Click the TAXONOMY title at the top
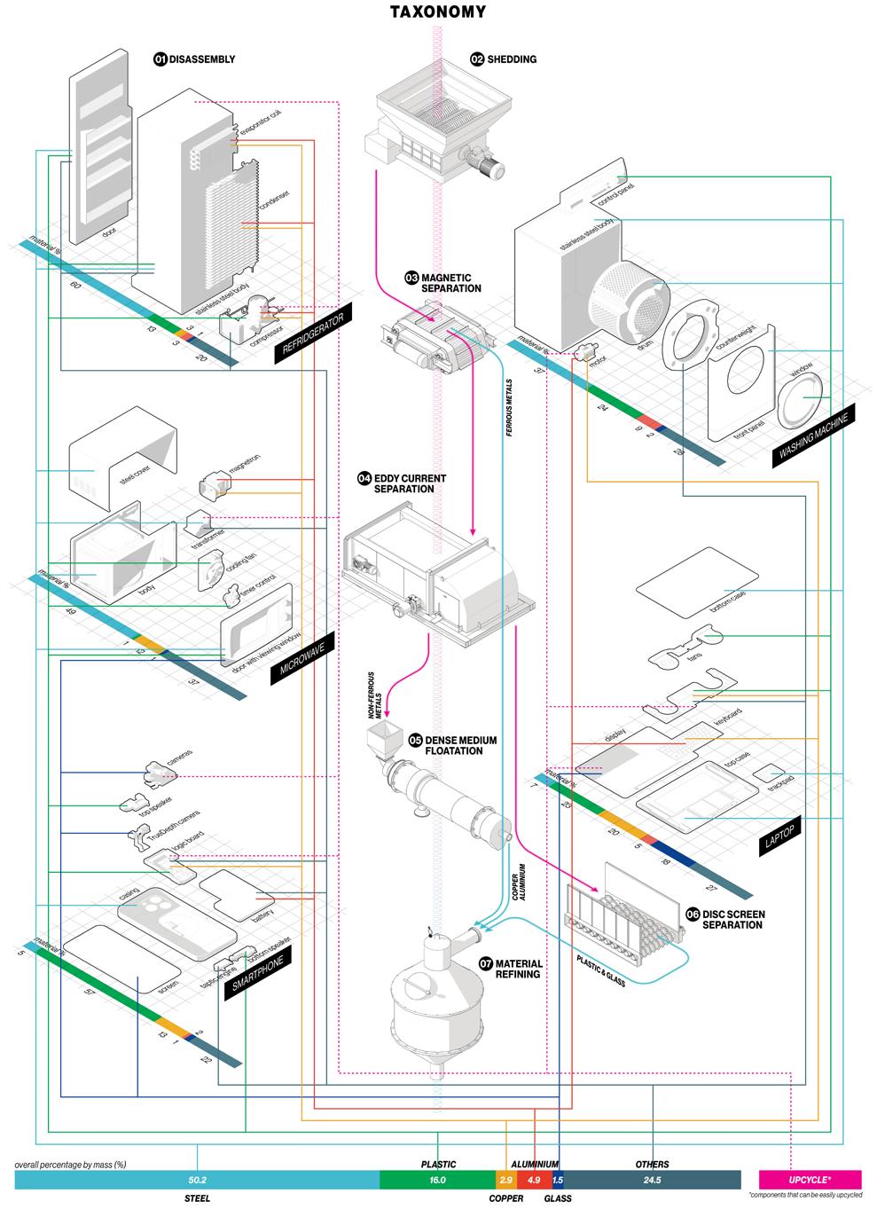click(438, 12)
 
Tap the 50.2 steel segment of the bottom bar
click(197, 1180)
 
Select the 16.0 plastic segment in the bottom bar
click(437, 1180)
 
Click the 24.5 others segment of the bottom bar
click(652, 1180)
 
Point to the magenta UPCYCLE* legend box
click(810, 1180)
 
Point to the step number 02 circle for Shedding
click(477, 59)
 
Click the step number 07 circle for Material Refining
click(485, 963)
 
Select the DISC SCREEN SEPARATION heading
click(732, 919)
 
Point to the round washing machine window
click(802, 396)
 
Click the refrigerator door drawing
click(98, 160)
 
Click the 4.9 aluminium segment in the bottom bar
click(534, 1180)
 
